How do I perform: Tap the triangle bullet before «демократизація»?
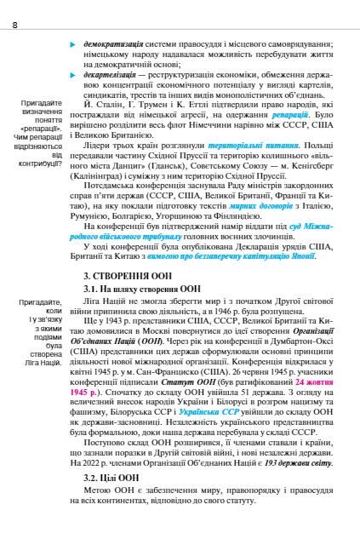pos(73,42)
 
